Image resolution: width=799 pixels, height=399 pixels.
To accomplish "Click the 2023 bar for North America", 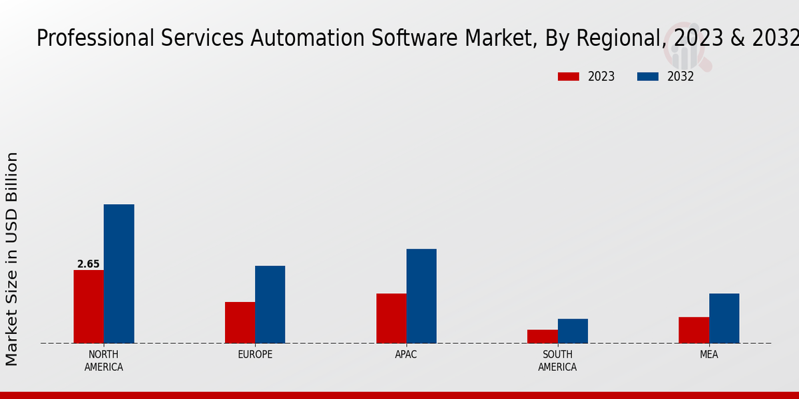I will click(89, 307).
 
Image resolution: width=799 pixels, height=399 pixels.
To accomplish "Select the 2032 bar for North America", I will click(119, 274).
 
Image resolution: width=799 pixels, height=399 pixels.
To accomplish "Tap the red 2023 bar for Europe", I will click(240, 323).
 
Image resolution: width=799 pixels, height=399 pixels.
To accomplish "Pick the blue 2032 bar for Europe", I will click(270, 305).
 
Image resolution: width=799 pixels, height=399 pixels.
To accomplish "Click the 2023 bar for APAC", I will click(391, 319).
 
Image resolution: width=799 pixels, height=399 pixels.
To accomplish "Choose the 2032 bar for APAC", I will click(421, 296).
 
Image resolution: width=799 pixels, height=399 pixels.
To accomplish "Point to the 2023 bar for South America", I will click(542, 336).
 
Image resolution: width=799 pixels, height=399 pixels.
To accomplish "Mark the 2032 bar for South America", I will click(573, 331).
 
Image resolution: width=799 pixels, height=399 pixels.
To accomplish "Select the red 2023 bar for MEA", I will click(694, 330).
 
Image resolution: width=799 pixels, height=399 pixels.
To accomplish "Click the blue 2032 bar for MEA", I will click(724, 319).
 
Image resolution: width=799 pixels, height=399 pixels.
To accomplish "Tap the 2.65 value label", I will click(89, 264).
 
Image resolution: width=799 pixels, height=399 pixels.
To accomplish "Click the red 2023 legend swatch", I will click(569, 76).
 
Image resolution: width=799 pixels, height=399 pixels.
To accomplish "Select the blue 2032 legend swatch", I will click(648, 76).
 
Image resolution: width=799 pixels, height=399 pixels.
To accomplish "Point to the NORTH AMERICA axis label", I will click(104, 360).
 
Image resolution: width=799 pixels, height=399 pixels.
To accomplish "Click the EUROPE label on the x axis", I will click(255, 354).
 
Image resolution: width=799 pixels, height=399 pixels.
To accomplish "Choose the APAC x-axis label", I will click(406, 354).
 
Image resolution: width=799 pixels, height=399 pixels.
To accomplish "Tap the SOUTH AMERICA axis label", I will click(557, 360).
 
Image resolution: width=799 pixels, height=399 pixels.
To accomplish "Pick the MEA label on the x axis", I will click(708, 354).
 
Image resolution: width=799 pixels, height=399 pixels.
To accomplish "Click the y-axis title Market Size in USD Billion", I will click(12, 259).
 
